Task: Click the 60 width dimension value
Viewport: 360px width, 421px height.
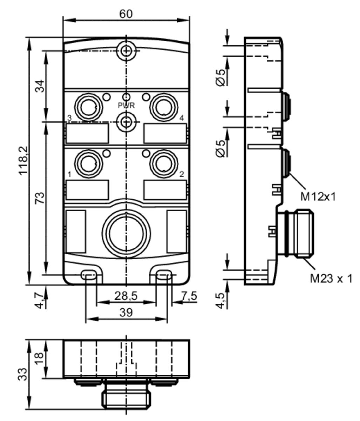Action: click(x=126, y=14)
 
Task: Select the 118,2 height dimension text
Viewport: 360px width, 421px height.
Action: click(x=23, y=160)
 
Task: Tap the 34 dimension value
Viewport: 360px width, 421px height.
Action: click(x=40, y=86)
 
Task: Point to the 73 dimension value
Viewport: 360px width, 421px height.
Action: click(x=40, y=198)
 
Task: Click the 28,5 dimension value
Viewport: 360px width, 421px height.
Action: click(x=126, y=296)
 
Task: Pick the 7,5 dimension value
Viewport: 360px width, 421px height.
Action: click(x=189, y=296)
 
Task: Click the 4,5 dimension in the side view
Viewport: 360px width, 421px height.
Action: click(x=221, y=301)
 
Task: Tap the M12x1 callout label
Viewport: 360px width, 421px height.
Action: click(x=318, y=197)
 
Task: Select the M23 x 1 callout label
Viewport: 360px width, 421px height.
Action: click(x=331, y=279)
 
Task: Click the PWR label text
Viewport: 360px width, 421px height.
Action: click(x=127, y=106)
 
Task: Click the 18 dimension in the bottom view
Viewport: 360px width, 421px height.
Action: click(x=39, y=359)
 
